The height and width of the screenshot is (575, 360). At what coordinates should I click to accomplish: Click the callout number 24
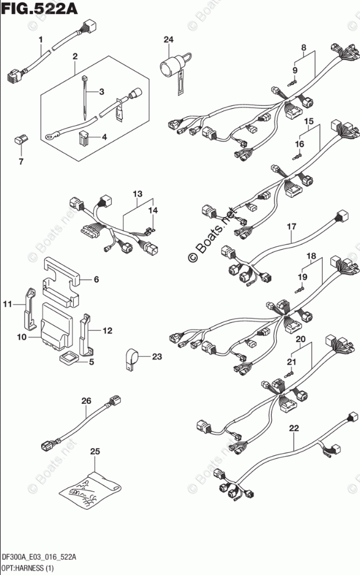(x=168, y=40)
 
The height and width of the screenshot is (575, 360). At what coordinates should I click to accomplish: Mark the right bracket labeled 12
(x=88, y=333)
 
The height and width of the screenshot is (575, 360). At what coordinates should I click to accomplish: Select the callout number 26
(x=86, y=401)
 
